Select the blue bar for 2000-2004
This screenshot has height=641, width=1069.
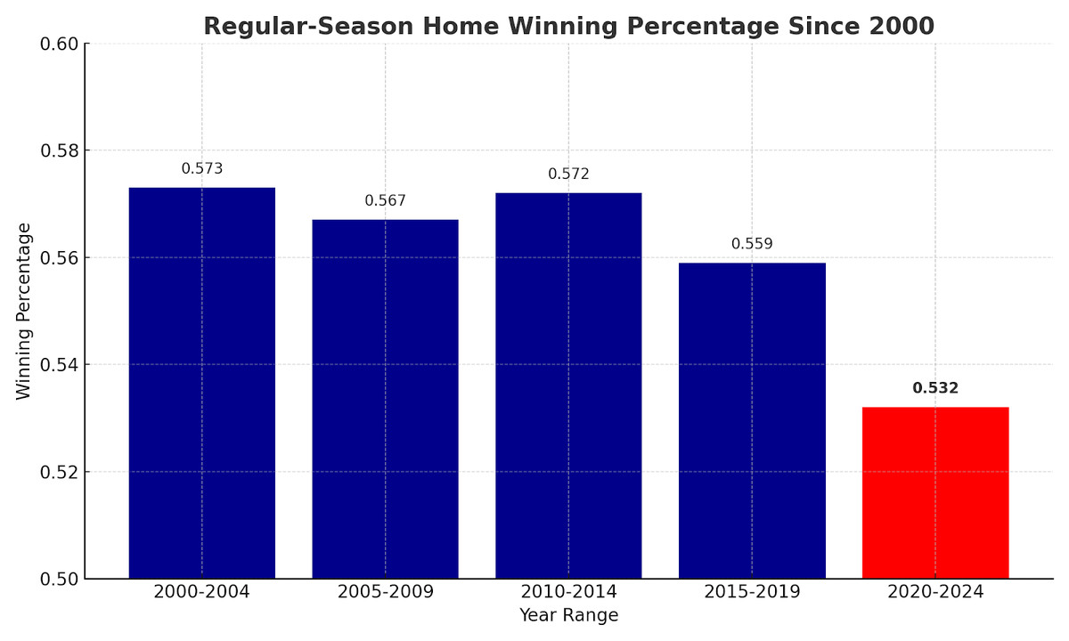point(202,383)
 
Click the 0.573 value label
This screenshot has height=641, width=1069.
point(202,168)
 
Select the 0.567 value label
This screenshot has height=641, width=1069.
point(385,200)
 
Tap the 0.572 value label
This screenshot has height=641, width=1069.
point(568,174)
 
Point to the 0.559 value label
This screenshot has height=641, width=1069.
point(752,244)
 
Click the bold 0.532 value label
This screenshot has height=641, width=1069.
point(935,388)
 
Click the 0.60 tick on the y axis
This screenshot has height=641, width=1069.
point(59,44)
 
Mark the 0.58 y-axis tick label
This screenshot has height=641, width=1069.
point(59,150)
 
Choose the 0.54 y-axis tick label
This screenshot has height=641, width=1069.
point(59,365)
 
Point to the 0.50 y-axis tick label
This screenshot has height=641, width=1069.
point(59,579)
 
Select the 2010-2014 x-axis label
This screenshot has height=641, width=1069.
point(568,592)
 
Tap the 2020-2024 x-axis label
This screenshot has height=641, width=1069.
point(935,592)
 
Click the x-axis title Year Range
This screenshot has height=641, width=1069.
point(568,615)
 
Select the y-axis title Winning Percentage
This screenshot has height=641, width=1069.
point(24,311)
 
